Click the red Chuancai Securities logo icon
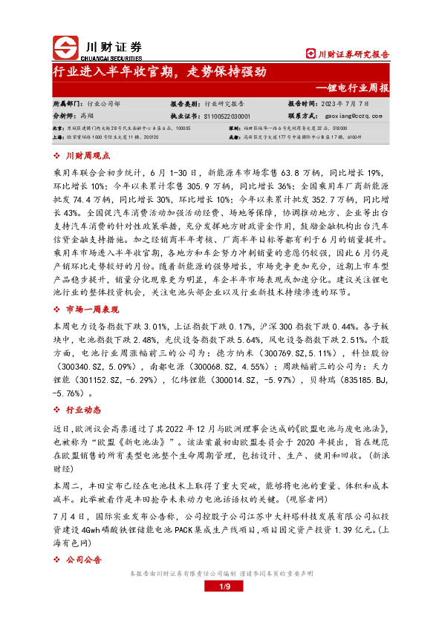[x=65, y=46]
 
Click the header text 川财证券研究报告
[x=348, y=54]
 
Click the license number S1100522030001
[x=226, y=117]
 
